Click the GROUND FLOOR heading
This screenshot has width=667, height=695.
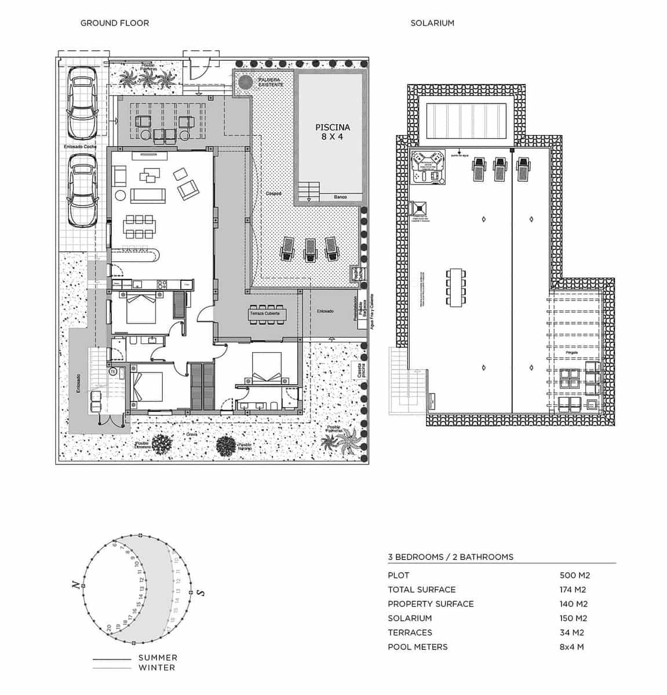coord(114,23)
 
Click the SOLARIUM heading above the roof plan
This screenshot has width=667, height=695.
coord(432,23)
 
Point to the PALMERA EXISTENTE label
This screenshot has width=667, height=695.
coord(270,82)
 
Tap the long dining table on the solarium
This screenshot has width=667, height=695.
coord(456,288)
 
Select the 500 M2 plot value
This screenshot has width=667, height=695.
coord(574,575)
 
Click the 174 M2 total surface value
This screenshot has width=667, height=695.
coord(573,590)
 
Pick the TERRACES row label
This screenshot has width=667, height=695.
coord(410,632)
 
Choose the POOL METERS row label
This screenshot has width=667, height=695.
coord(417,647)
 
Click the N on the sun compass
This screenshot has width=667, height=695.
coord(75,586)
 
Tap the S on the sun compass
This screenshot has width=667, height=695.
coord(201,592)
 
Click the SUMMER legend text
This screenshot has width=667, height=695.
coord(158,658)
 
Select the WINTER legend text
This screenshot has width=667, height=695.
coord(156,668)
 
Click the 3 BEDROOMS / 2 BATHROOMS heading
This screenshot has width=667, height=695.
coord(450,557)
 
